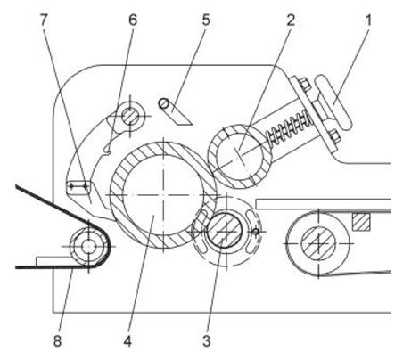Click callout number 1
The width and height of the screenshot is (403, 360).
(368, 20)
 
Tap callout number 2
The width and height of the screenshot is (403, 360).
(291, 20)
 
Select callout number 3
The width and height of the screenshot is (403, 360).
(207, 340)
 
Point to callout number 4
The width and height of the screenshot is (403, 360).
(127, 341)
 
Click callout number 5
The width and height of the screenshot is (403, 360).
(206, 20)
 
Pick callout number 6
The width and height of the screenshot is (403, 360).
(133, 20)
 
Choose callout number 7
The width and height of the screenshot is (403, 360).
(44, 20)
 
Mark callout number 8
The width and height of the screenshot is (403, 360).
(57, 341)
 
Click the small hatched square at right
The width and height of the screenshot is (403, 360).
(361, 222)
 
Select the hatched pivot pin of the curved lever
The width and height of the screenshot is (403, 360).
(130, 116)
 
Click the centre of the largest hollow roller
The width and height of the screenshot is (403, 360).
(163, 195)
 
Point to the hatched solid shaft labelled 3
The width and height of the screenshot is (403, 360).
(225, 231)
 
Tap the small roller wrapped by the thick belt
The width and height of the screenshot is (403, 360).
(88, 246)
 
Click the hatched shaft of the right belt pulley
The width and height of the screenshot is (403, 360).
(318, 243)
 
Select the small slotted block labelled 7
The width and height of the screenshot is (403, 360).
(78, 187)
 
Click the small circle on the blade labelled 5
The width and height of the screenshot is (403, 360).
(163, 103)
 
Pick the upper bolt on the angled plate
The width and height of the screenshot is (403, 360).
(304, 84)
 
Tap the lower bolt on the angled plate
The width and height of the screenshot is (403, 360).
(333, 135)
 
